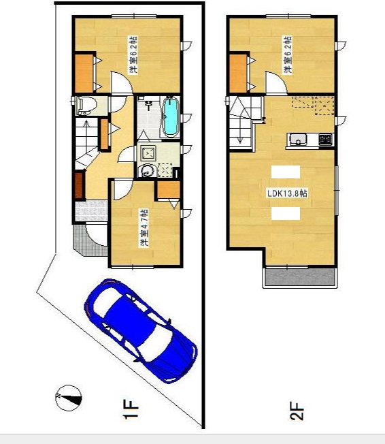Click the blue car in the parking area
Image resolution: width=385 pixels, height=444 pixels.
(x=141, y=331)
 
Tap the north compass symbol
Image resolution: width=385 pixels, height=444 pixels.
(x=69, y=398)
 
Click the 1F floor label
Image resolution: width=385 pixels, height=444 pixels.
(x=131, y=409)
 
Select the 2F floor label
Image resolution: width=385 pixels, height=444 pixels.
(x=297, y=411)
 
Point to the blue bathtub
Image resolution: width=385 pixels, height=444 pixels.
(x=171, y=116)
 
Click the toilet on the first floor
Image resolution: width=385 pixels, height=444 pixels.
(x=86, y=106)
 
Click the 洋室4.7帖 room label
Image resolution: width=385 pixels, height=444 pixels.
(x=144, y=228)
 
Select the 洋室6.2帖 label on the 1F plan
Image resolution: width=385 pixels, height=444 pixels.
(x=133, y=54)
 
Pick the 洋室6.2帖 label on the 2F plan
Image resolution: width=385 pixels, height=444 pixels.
(x=288, y=54)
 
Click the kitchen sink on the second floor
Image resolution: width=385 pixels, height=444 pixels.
(x=298, y=140)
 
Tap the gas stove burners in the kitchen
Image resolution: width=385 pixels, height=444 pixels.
(x=325, y=140)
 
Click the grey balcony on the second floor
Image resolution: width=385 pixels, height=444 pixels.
(x=300, y=277)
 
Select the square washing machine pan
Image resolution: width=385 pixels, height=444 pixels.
(x=148, y=153)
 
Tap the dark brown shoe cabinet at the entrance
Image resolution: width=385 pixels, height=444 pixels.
(x=79, y=185)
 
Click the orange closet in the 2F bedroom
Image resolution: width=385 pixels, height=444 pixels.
(x=238, y=74)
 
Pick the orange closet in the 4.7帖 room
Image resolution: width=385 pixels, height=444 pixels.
(x=168, y=189)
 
